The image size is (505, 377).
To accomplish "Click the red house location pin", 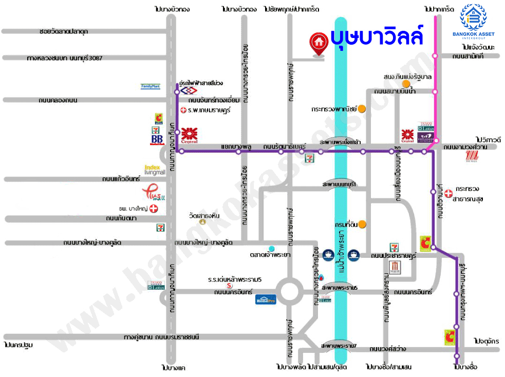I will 319,43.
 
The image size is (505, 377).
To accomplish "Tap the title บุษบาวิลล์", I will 376,37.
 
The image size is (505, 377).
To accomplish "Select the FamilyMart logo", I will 151,86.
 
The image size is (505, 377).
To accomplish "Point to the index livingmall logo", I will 155,170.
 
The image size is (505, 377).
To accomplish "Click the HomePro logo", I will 266,300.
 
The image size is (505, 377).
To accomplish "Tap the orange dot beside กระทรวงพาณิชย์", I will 362,109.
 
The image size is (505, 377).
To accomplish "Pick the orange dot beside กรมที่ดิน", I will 362,224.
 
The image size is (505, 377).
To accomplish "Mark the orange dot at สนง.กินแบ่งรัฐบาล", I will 406,84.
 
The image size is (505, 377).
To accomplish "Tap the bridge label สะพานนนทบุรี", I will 339,184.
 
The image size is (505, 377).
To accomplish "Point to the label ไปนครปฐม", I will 18,345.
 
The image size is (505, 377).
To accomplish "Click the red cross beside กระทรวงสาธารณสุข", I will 448,193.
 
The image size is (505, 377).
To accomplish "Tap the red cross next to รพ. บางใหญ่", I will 153,208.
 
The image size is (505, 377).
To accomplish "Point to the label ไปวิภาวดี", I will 488,139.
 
